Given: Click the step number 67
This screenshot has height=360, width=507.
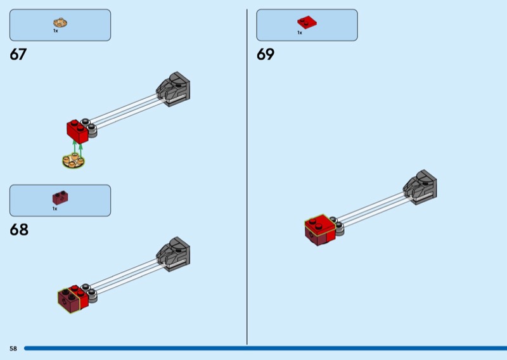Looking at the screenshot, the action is tap(18, 55).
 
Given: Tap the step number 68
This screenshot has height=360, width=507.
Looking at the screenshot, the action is tap(19, 229).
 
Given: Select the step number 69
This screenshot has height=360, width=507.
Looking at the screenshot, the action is tap(266, 55).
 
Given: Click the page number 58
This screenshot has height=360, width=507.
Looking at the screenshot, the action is tap(13, 349).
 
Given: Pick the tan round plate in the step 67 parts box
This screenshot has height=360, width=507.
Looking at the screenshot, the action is tap(60, 23).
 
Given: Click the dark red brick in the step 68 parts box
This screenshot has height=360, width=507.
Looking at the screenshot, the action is tap(60, 197).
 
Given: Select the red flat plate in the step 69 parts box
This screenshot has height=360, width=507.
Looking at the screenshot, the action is tap(307, 22).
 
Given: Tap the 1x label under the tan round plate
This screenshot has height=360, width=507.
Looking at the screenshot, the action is tap(56, 31).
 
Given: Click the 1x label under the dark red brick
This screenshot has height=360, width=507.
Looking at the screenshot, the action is tap(55, 209).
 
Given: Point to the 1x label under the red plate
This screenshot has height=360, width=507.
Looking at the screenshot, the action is tap(300, 33).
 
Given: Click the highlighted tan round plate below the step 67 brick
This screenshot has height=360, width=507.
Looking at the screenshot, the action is tap(74, 160).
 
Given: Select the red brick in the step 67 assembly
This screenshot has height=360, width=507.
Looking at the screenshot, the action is tap(77, 132).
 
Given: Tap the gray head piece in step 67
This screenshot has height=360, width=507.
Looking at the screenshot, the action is tap(173, 89).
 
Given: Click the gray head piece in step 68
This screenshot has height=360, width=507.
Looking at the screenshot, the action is tap(173, 254).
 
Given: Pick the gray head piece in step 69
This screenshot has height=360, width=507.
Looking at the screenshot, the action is tap(420, 187).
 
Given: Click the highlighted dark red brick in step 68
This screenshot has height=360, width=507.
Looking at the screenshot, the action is tap(68, 301).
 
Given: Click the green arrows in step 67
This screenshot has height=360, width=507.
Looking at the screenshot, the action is tap(77, 149).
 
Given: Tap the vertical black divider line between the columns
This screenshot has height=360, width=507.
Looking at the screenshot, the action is tap(247, 177).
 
